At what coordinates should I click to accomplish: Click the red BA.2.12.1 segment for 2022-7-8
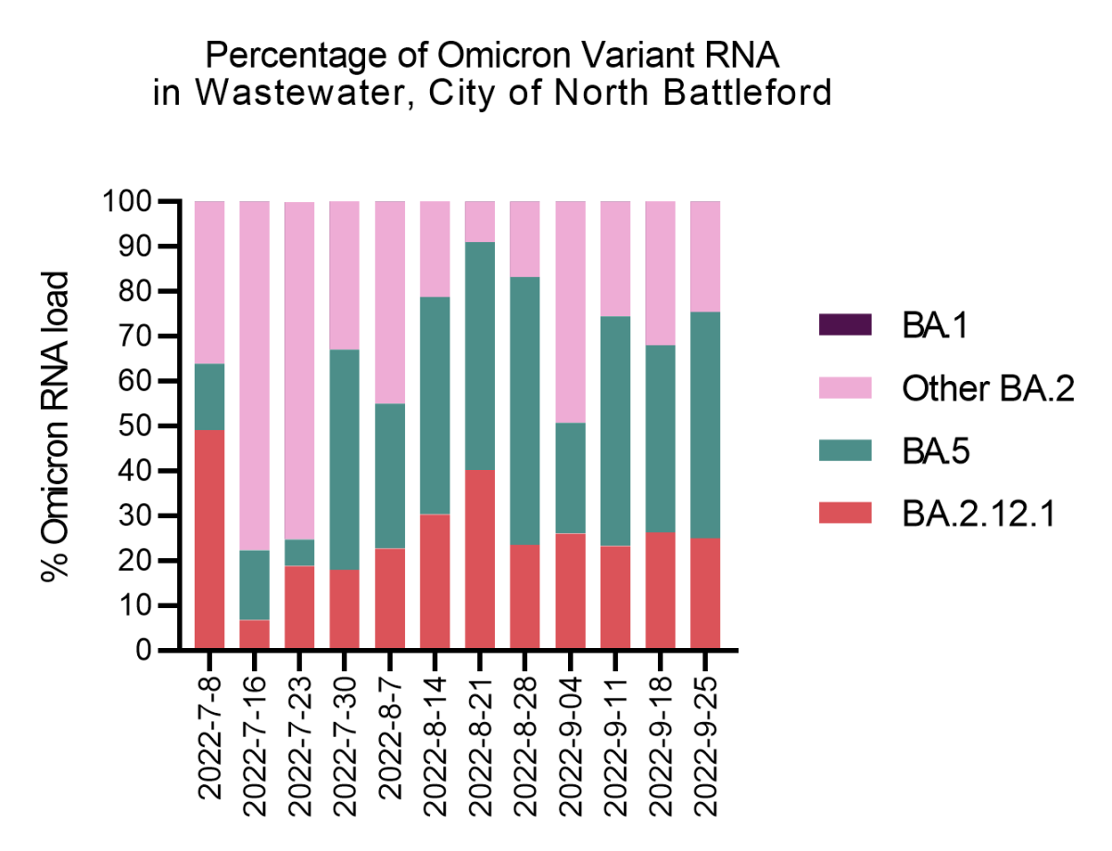click(209, 540)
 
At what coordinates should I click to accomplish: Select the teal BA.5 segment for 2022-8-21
click(480, 356)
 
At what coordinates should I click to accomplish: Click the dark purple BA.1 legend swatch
click(845, 324)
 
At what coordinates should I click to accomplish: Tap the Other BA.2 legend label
click(987, 389)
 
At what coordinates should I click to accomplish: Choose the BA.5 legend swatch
click(845, 451)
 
